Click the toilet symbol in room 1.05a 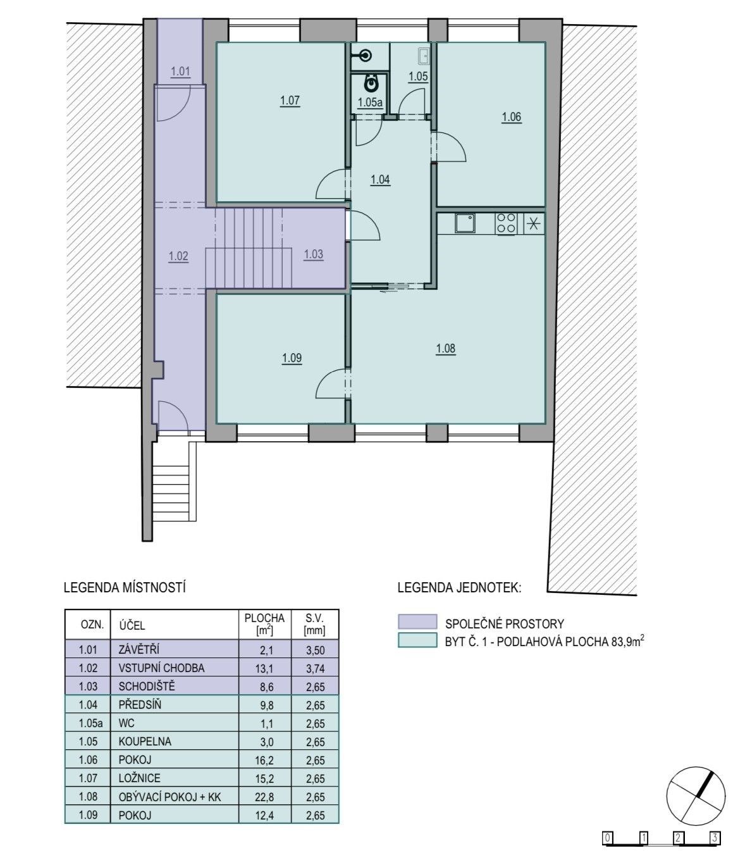[x=371, y=84]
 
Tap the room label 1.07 [x=290, y=101]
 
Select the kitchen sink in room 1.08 [x=465, y=223]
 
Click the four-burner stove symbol [x=506, y=223]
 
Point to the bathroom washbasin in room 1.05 [x=424, y=56]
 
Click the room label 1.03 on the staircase [x=313, y=254]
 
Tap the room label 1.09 [x=292, y=358]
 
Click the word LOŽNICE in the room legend [x=140, y=778]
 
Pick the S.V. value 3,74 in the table [x=315, y=669]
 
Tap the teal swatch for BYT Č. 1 [x=417, y=640]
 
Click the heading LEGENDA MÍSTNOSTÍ [x=125, y=588]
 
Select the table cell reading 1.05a [x=90, y=723]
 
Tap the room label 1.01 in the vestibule [x=180, y=72]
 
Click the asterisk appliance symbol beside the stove [x=533, y=223]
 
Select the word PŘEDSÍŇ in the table [x=140, y=704]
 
